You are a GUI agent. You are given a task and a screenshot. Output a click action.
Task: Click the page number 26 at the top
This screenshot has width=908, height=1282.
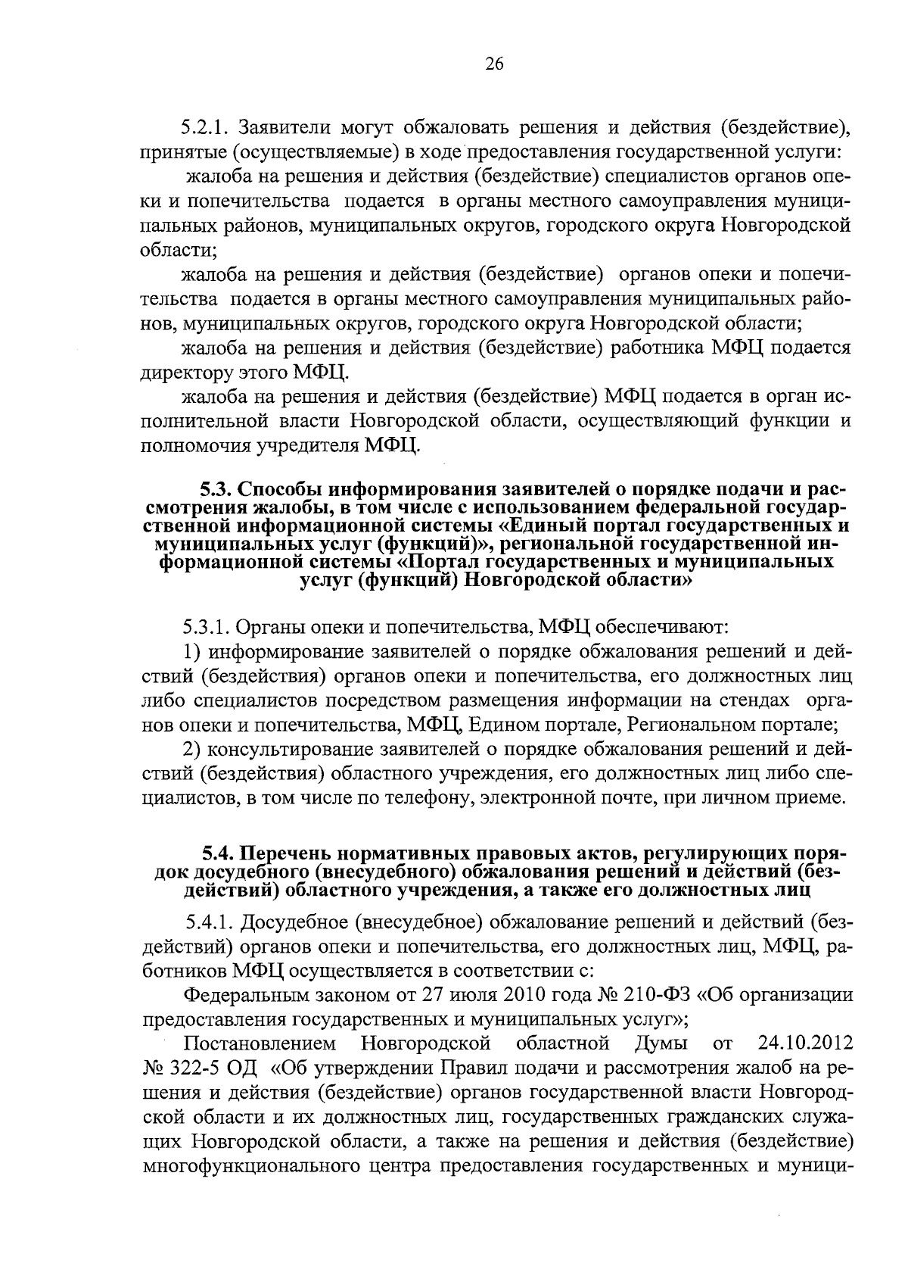[x=493, y=64]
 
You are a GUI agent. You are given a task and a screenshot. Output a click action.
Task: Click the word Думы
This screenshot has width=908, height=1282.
[x=661, y=1044]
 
